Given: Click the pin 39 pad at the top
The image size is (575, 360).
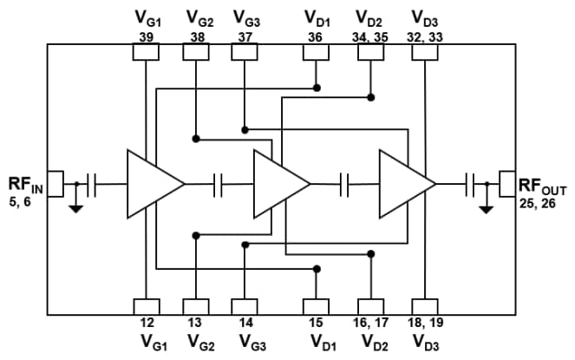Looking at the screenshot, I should pos(146,53).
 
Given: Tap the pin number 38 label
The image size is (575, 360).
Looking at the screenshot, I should pos(195,36).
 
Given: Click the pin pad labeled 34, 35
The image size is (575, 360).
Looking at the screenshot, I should pos(371,53).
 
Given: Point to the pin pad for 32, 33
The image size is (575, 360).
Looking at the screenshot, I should pos(424,53).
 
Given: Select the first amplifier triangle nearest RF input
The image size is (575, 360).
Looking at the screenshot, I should pos(151,183).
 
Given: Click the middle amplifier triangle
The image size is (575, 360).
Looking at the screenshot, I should pos(277,183).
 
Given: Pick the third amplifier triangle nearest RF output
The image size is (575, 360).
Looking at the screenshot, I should pos(402,183).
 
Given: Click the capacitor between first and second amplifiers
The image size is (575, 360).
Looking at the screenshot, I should pos(219,183).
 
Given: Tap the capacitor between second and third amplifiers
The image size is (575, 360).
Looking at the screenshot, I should pos(345,183).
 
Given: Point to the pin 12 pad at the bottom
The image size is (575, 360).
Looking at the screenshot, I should pos(146,306).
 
